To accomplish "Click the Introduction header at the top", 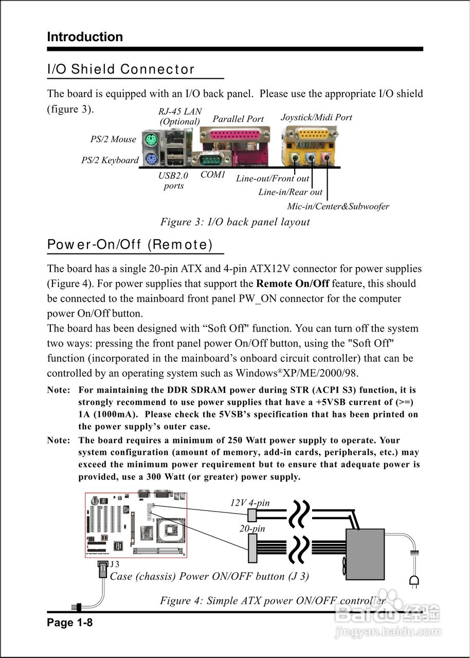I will point(85,37).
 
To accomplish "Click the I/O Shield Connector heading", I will point(121,69).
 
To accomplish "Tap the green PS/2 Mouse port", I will point(150,139).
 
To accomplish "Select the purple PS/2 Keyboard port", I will point(150,160).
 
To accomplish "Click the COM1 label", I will point(213,175).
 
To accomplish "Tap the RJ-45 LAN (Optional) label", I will point(180,116).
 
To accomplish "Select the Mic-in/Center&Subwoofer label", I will point(338,207).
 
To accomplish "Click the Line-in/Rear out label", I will point(290,192).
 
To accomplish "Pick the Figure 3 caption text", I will point(235,222).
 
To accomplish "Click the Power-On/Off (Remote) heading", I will point(130,245).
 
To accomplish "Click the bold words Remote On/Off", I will point(293,284).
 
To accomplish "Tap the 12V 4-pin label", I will point(250,503).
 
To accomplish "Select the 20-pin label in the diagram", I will point(252,528).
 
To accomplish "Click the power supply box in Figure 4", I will point(365,554).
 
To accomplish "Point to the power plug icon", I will point(413,581).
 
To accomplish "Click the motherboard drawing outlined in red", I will point(136,525).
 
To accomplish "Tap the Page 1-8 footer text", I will point(70,623).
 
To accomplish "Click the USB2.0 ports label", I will point(173,180).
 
